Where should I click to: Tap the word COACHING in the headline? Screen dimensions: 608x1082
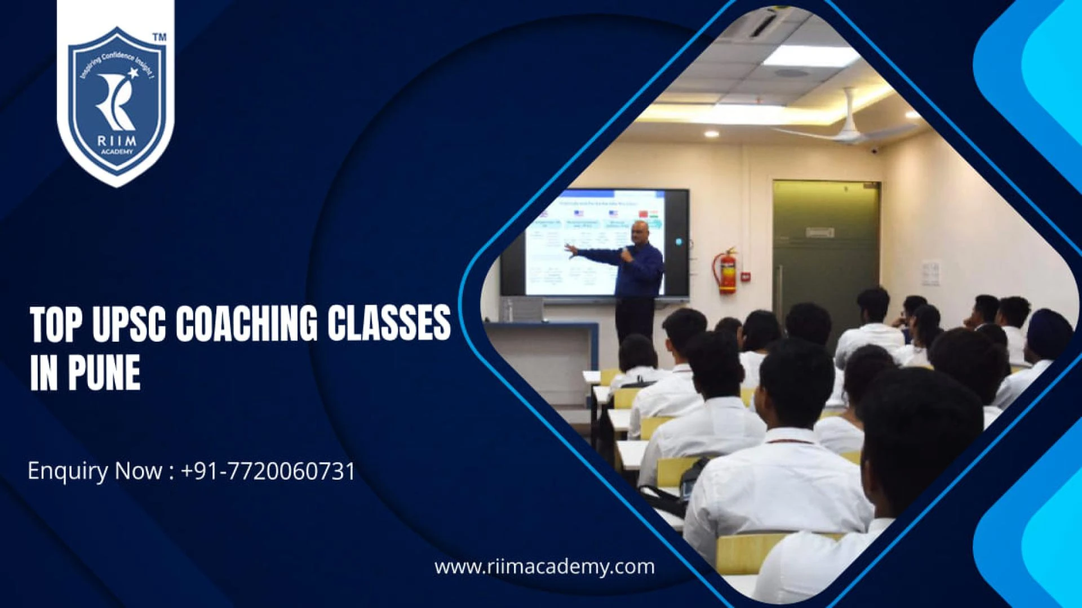pos(247,325)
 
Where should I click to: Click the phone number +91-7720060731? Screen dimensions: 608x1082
pos(268,471)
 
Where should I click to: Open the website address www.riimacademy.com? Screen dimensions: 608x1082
pos(544,566)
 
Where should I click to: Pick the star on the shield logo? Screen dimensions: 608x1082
pos(134,73)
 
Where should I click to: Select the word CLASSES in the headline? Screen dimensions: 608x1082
pos(389,325)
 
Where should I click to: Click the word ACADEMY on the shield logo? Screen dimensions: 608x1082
pos(116,152)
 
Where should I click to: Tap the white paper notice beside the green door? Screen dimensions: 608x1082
pos(930,273)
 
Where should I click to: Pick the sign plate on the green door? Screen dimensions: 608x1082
pos(819,233)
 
